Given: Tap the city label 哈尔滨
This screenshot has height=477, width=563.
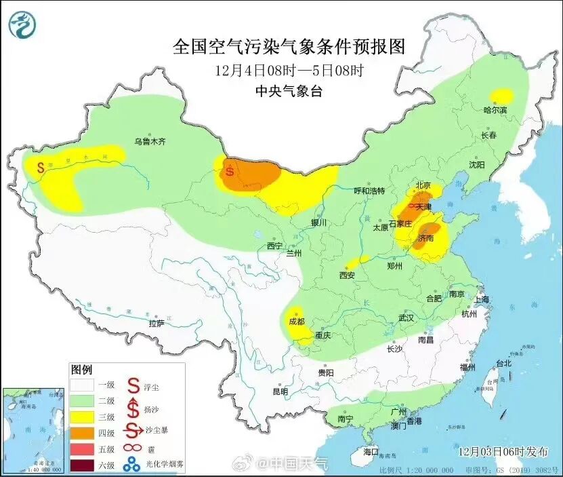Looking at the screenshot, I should (x=495, y=110).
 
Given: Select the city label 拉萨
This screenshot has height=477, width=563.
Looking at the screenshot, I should (x=157, y=324).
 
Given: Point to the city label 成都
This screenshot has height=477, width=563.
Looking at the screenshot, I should (x=297, y=322).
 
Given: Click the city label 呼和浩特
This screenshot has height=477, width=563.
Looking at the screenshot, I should (x=369, y=191).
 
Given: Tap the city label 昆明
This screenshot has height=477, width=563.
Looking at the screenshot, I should (x=280, y=392).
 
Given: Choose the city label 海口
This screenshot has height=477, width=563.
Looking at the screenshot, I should (x=371, y=451).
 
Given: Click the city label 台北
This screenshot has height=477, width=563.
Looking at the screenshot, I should (x=503, y=364).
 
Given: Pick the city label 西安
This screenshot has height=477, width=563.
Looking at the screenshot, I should (x=348, y=275).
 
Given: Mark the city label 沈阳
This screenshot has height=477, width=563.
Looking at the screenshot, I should (x=476, y=165).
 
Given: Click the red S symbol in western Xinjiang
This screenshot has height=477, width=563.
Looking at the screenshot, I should (x=41, y=166).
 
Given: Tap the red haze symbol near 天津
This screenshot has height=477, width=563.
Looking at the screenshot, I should (x=413, y=197).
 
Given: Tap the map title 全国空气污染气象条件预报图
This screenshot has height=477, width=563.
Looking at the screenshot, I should (x=289, y=46).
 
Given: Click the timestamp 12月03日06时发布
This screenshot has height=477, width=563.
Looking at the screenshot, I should (x=501, y=451).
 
